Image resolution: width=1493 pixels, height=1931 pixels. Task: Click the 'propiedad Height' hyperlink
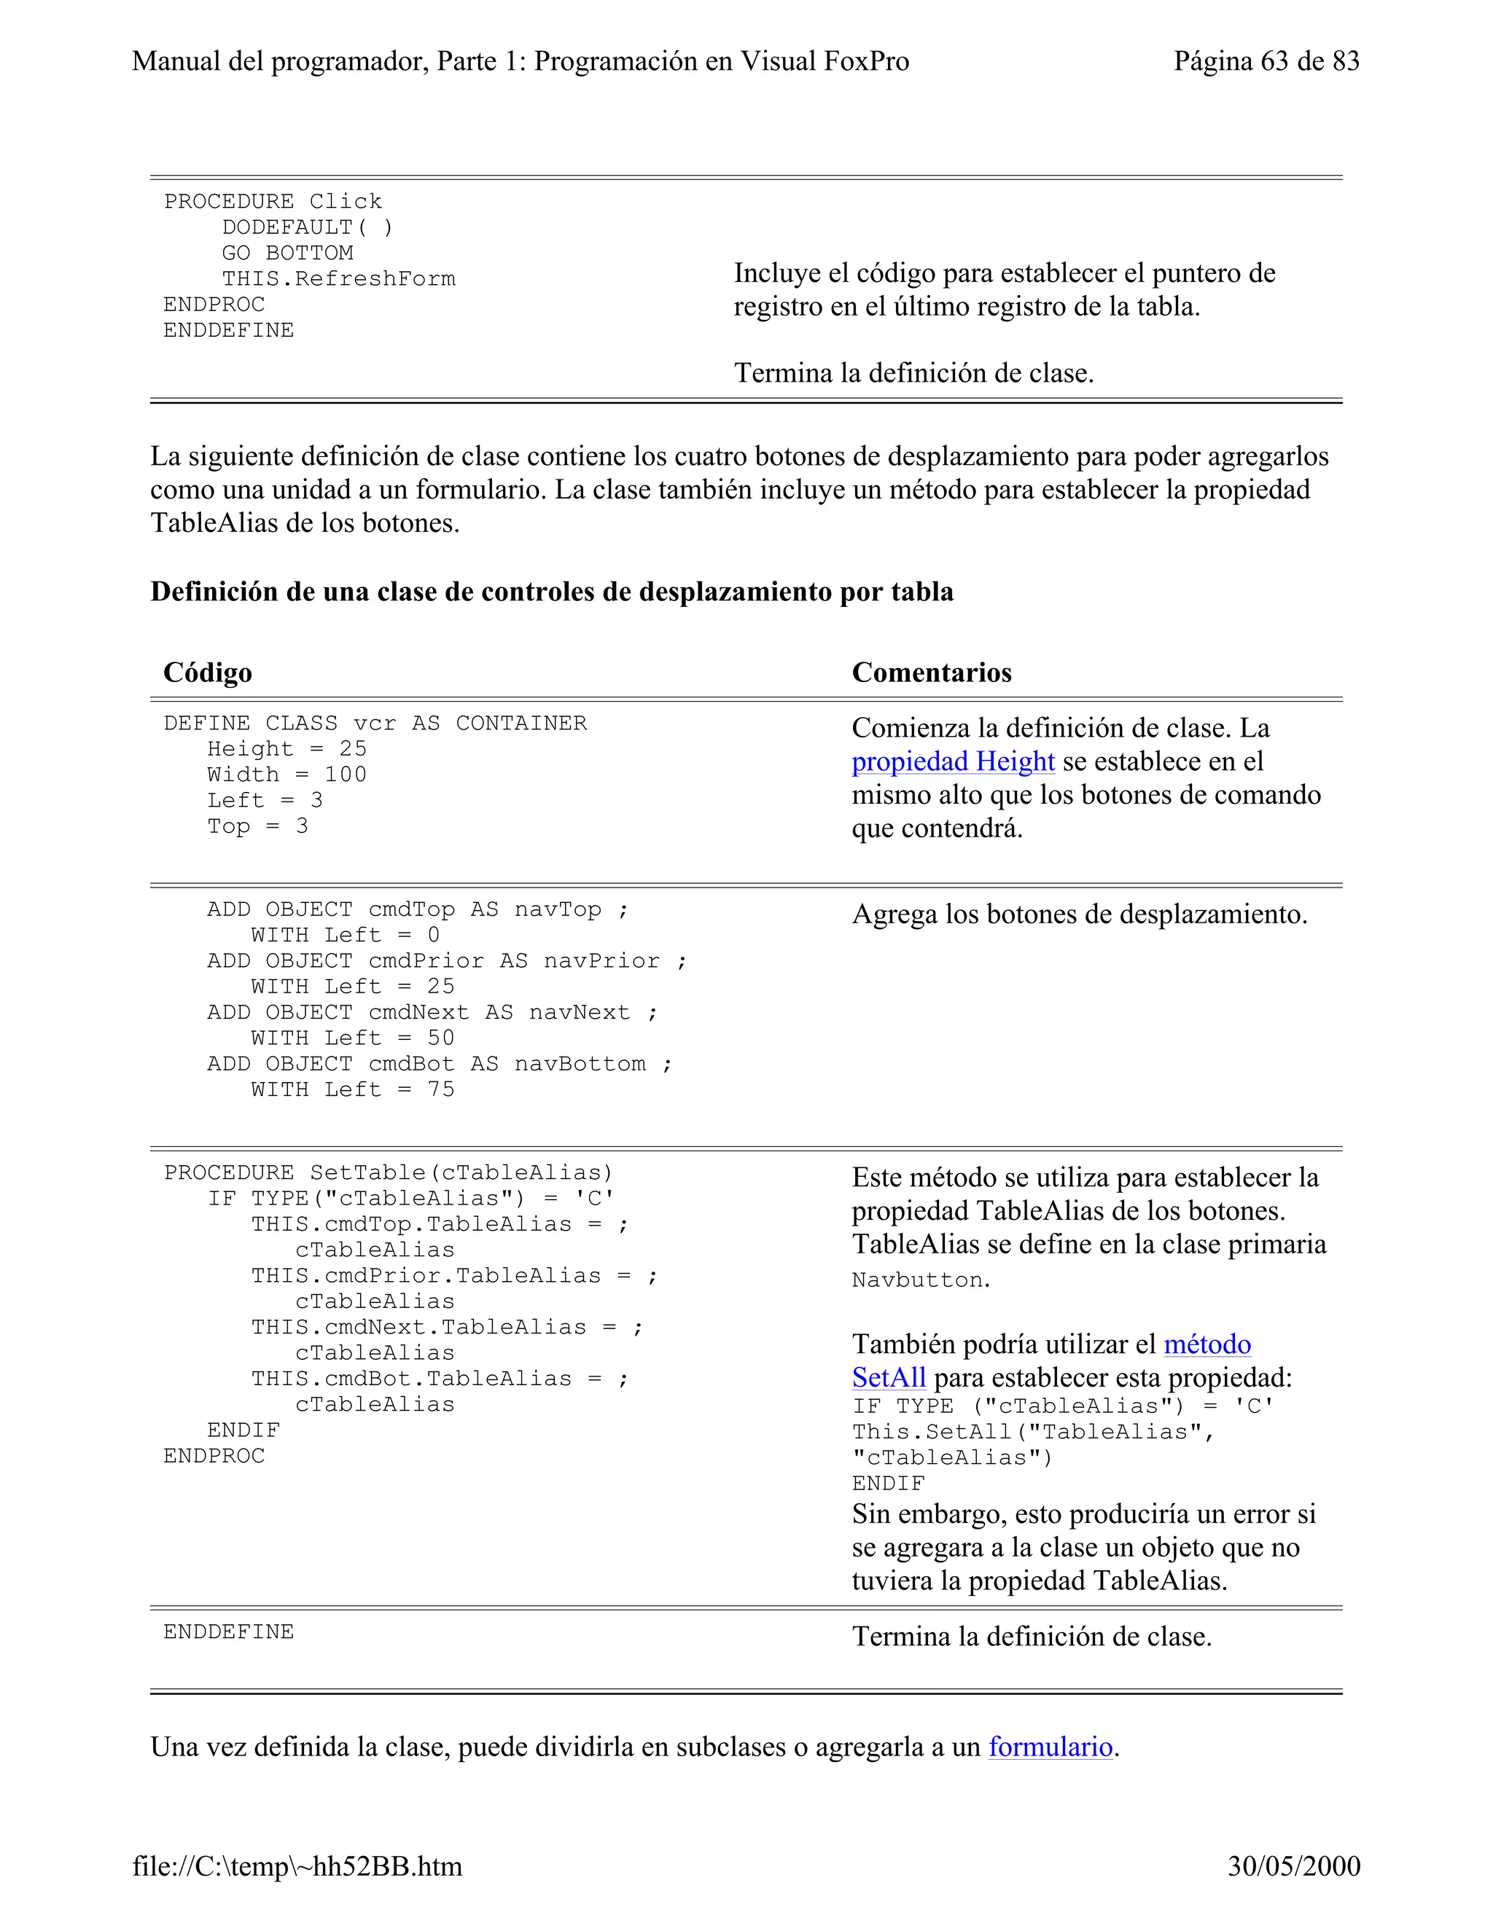[x=953, y=761]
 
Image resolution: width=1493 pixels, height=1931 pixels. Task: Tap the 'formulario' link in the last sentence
[x=1050, y=1747]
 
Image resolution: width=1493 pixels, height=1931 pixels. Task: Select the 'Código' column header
[x=208, y=673]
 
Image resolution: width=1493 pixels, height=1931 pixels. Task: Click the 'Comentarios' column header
[x=932, y=673]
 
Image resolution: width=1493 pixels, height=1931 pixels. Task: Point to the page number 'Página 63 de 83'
[x=1266, y=61]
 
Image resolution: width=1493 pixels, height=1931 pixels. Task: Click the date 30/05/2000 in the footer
[x=1293, y=1866]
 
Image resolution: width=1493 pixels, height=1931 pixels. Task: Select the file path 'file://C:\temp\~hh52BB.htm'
[x=297, y=1866]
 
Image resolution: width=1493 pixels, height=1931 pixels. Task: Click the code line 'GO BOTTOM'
[x=287, y=253]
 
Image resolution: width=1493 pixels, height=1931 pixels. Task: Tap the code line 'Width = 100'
[x=286, y=775]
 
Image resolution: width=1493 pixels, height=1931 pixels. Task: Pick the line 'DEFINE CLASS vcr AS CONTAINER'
[x=375, y=724]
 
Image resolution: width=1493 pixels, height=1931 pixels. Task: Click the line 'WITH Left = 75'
[x=352, y=1089]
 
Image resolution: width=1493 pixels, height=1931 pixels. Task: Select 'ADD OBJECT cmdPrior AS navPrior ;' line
[x=447, y=961]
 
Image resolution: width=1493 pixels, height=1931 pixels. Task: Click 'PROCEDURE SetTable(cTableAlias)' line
[x=389, y=1173]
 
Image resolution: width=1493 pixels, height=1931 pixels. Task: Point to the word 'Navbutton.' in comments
[x=921, y=1280]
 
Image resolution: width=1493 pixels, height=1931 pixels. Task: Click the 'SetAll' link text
[x=888, y=1377]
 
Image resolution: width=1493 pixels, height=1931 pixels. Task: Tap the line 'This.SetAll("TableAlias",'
[x=1033, y=1433]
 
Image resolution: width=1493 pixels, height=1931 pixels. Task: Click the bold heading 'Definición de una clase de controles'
[x=551, y=592]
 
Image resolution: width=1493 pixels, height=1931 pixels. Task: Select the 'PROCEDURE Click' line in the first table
[x=273, y=202]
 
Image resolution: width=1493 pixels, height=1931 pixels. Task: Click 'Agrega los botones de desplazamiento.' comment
[x=1079, y=914]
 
